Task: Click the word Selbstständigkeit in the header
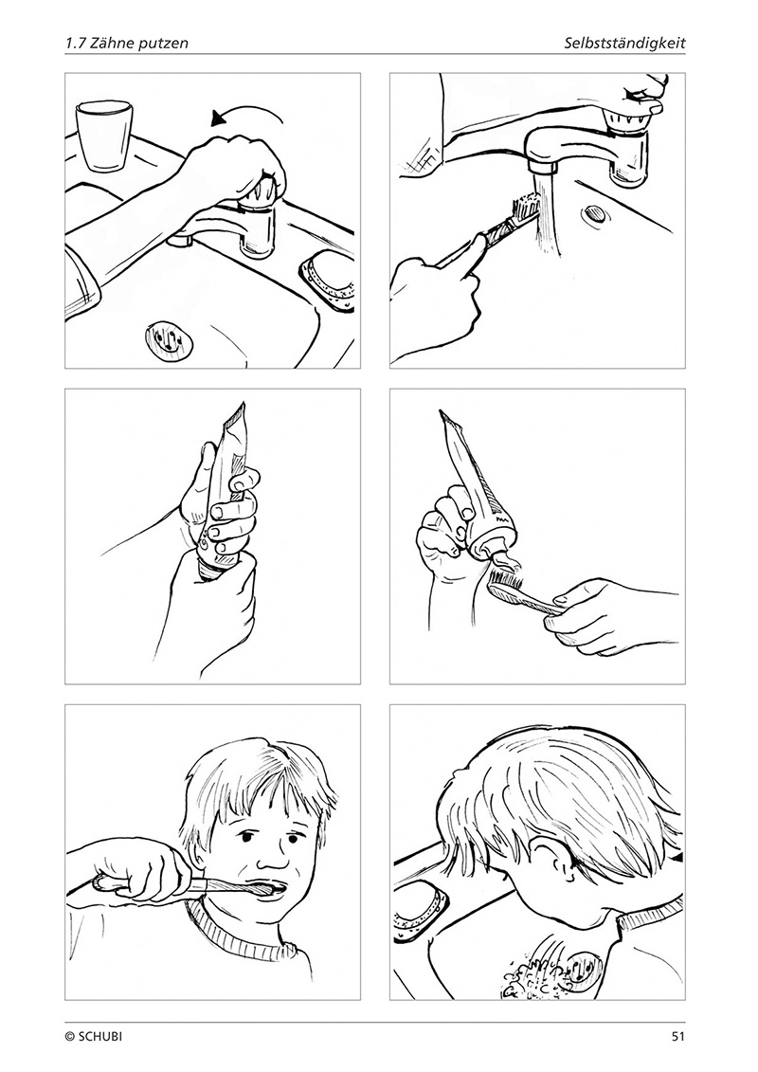[624, 43]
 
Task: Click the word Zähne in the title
[109, 43]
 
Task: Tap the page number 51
[677, 1036]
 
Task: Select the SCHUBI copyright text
[95, 1036]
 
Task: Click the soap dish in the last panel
[421, 908]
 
